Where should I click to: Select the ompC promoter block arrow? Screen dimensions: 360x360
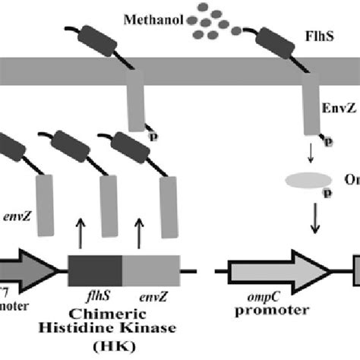[280, 271]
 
